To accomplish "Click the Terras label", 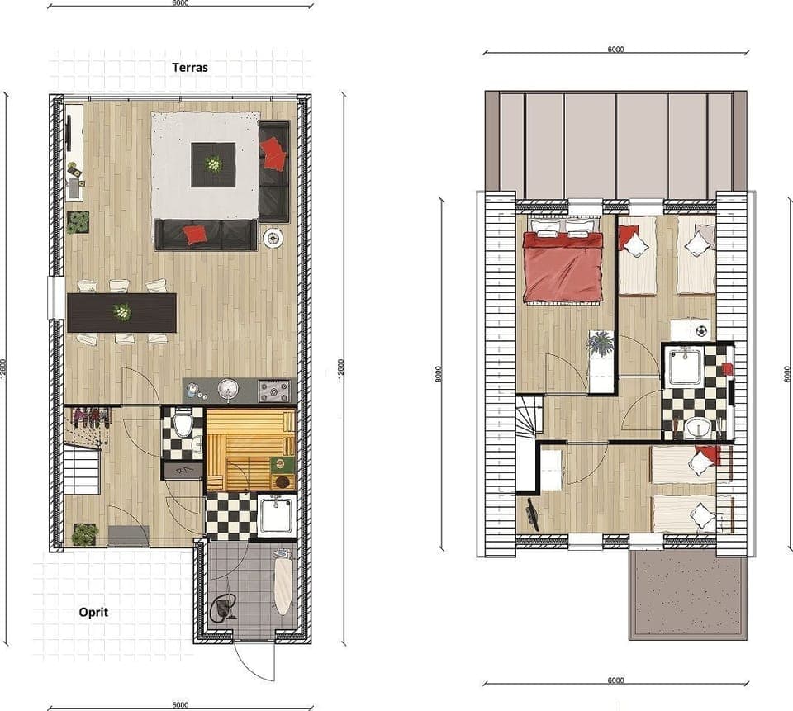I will (x=189, y=68).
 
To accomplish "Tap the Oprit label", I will (x=93, y=612).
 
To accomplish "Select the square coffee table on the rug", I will (x=213, y=164).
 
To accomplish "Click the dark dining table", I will (x=122, y=312).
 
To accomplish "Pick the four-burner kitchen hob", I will (x=275, y=389).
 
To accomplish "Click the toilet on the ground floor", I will (x=184, y=425).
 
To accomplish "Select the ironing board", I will (x=283, y=586).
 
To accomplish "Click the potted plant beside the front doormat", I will (x=83, y=534).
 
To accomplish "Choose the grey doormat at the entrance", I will (x=128, y=536).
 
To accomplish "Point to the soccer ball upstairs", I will (x=701, y=330).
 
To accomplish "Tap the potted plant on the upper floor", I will (x=601, y=343).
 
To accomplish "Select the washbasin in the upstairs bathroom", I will (x=698, y=428).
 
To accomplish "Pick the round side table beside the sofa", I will (x=273, y=238).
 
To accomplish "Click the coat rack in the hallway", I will (x=89, y=417).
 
